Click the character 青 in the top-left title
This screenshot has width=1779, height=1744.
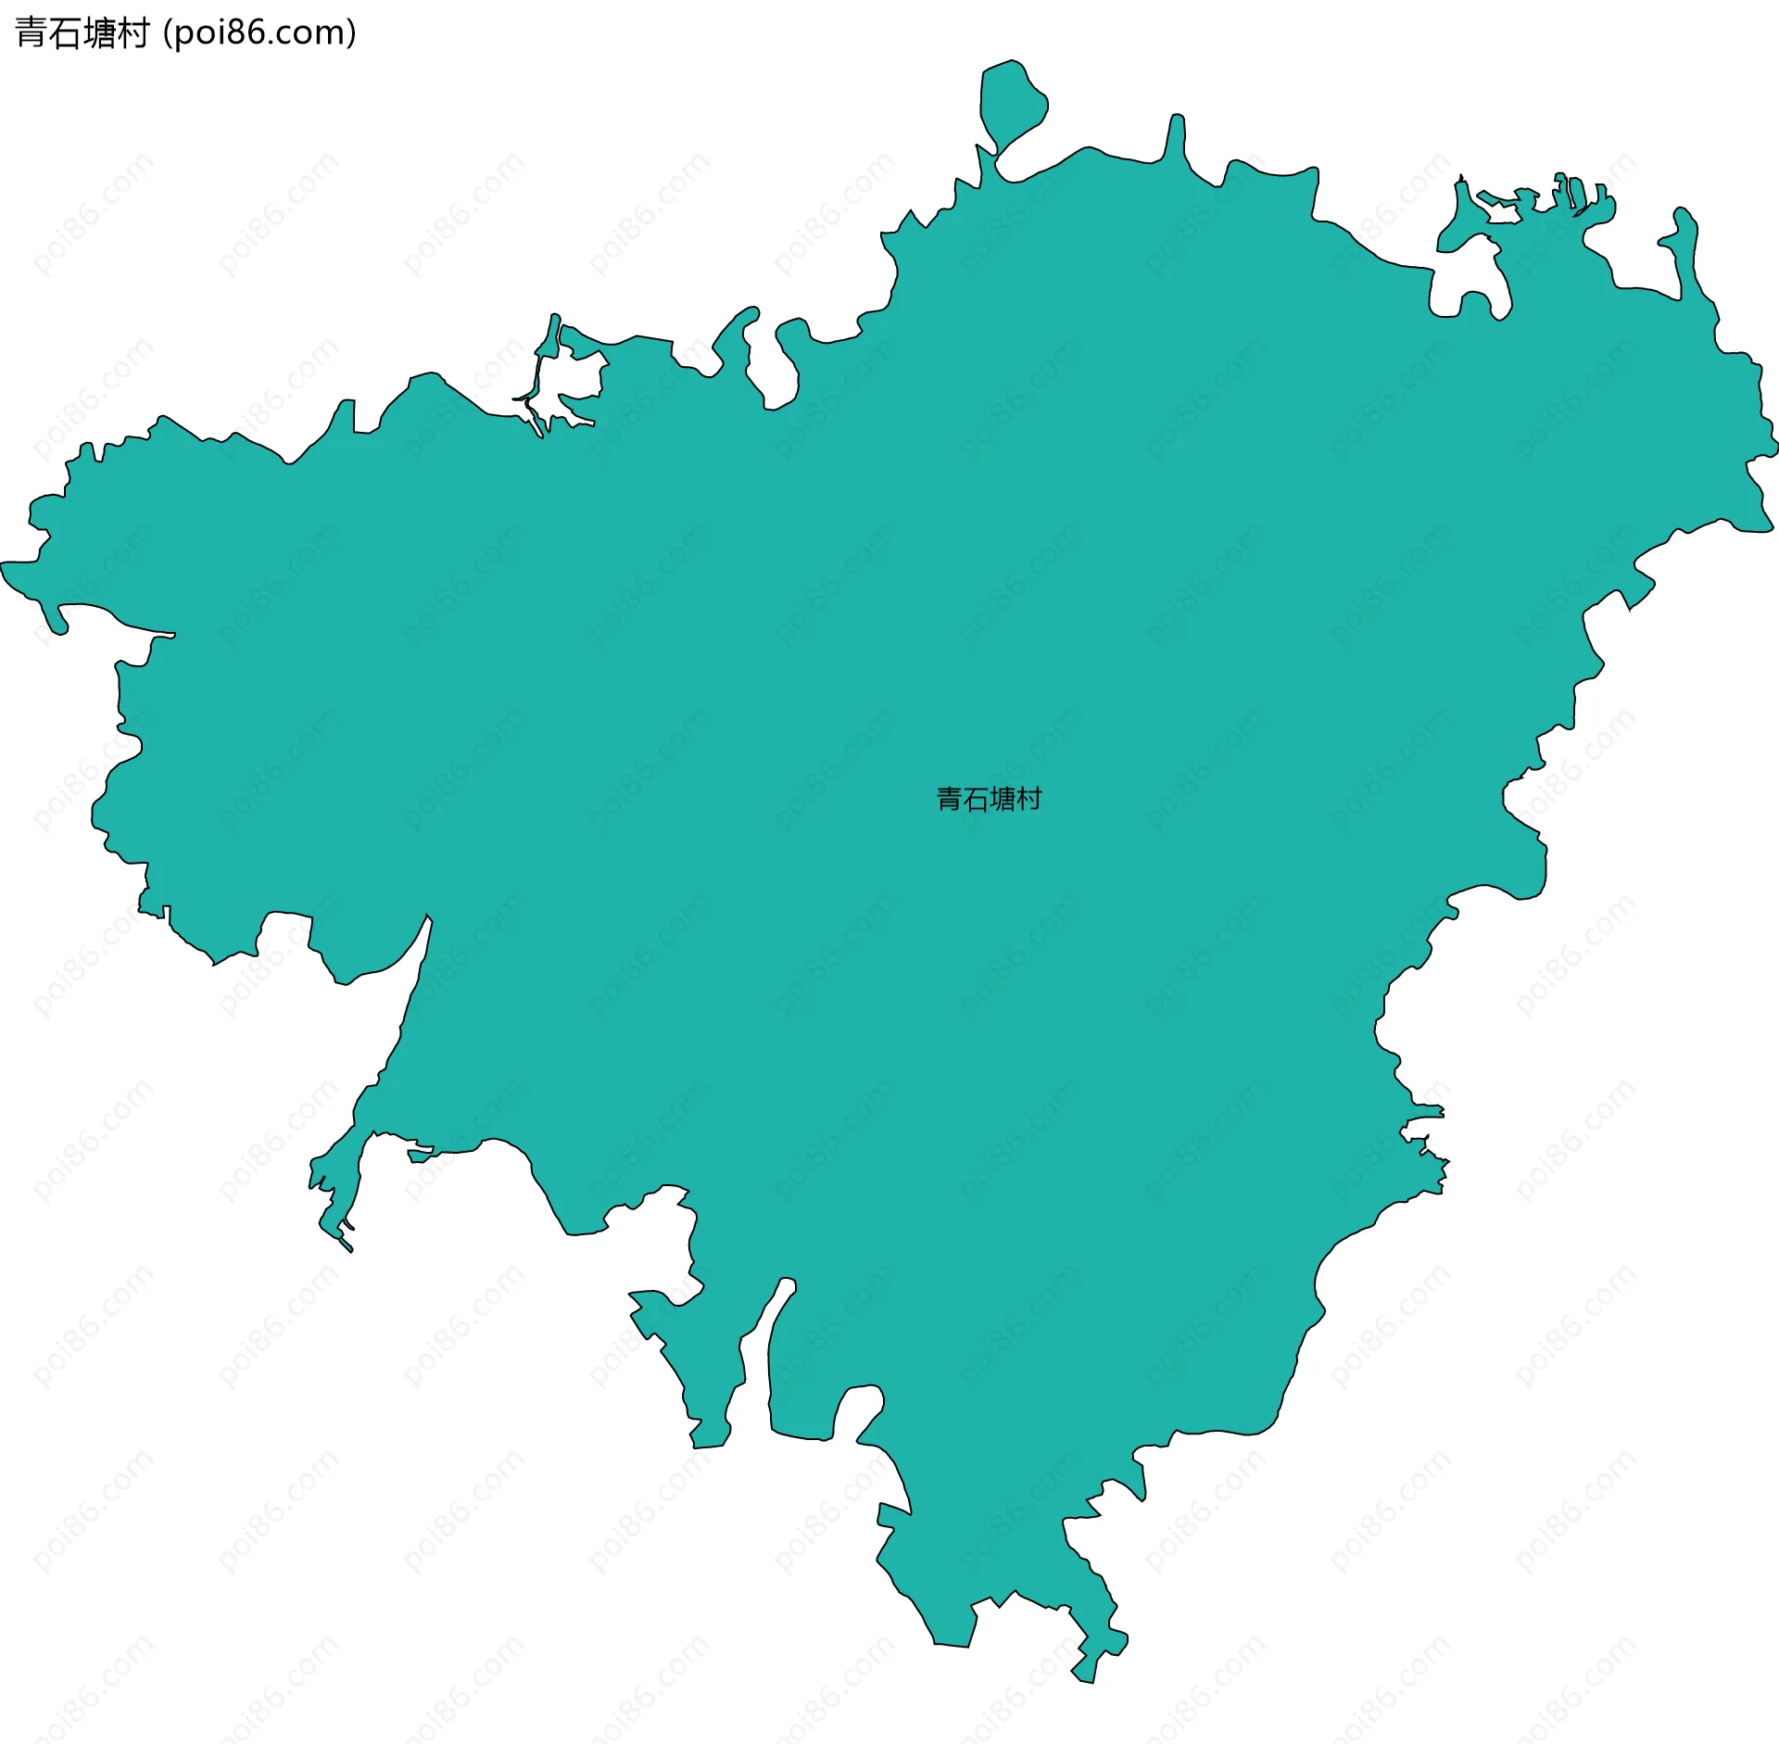pyautogui.click(x=32, y=33)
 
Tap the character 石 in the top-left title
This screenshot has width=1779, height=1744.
pyautogui.click(x=66, y=33)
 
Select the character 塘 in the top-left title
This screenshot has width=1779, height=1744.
pyautogui.click(x=100, y=33)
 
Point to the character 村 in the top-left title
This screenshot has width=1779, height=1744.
pyautogui.click(x=133, y=33)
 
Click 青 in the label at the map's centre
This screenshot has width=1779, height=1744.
pyautogui.click(x=950, y=799)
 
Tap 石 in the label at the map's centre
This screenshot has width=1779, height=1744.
pyautogui.click(x=977, y=799)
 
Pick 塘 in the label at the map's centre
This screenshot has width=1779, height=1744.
pyautogui.click(x=1003, y=799)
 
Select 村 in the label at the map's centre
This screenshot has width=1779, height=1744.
pyautogui.click(x=1029, y=799)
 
